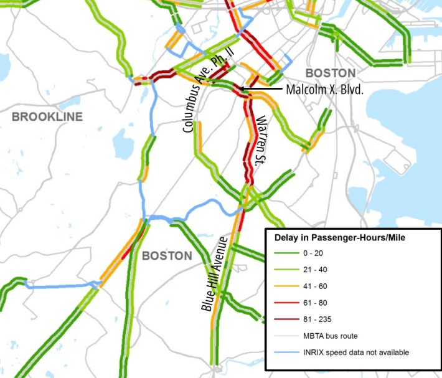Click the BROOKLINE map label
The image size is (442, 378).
coord(46,116)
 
